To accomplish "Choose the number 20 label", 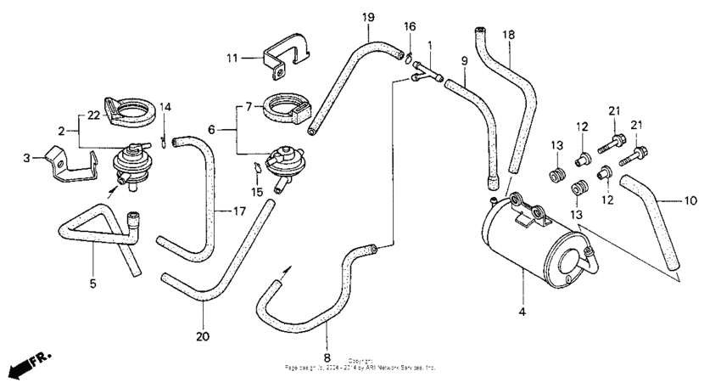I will click(x=201, y=337).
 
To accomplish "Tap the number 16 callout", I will click(x=410, y=27).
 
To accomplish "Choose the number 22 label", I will click(x=93, y=114).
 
